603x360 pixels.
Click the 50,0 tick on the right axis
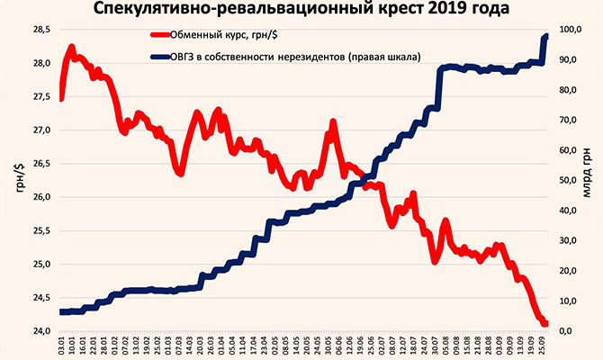[x=567, y=181]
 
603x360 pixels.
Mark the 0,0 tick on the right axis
[x=564, y=331]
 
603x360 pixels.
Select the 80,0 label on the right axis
[x=567, y=90]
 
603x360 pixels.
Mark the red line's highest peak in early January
[x=71, y=47]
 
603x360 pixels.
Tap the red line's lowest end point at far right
[x=545, y=323]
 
